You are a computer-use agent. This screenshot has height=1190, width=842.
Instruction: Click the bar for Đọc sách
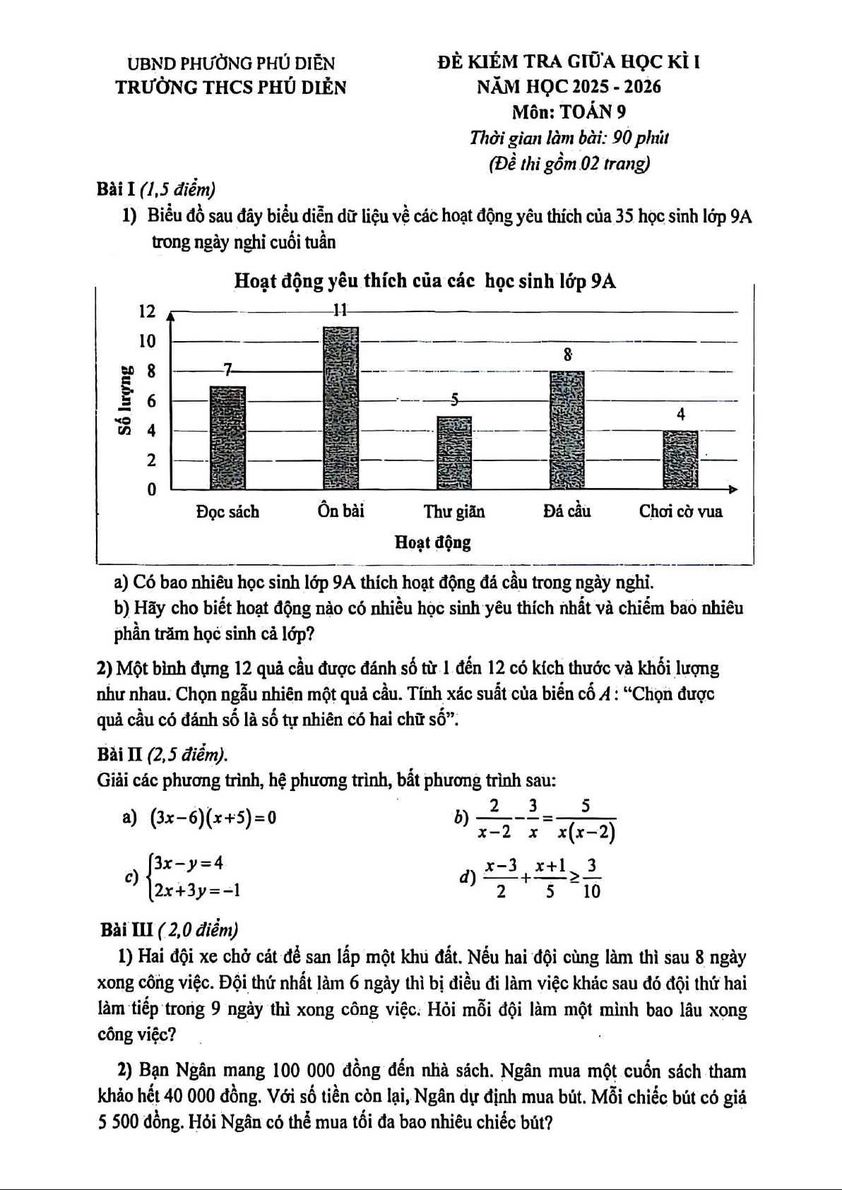pyautogui.click(x=227, y=437)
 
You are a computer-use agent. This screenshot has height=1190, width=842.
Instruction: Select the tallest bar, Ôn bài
pyautogui.click(x=340, y=407)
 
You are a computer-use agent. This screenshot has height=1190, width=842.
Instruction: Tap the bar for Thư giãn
pyautogui.click(x=453, y=453)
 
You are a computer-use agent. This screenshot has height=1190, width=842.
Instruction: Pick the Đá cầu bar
pyautogui.click(x=567, y=429)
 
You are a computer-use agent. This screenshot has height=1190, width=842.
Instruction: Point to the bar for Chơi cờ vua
pyautogui.click(x=680, y=459)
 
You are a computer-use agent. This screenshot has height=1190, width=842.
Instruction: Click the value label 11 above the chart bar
pyautogui.click(x=340, y=310)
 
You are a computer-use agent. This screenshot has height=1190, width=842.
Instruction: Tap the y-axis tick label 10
pyautogui.click(x=147, y=341)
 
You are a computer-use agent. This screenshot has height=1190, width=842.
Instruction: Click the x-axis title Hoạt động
pyautogui.click(x=432, y=542)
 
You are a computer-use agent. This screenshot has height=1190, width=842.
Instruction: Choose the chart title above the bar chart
pyautogui.click(x=425, y=282)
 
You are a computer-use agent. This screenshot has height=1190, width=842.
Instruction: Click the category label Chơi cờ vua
pyautogui.click(x=680, y=511)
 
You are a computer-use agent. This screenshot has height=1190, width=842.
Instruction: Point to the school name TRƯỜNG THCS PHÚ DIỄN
pyautogui.click(x=231, y=88)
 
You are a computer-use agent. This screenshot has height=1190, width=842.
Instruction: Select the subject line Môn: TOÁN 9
pyautogui.click(x=569, y=112)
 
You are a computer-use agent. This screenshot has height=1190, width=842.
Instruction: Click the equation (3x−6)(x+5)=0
pyautogui.click(x=213, y=819)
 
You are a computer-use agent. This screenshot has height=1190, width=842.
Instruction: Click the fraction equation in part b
pyautogui.click(x=545, y=819)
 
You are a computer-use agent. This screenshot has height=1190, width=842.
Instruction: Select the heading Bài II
pyautogui.click(x=120, y=755)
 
